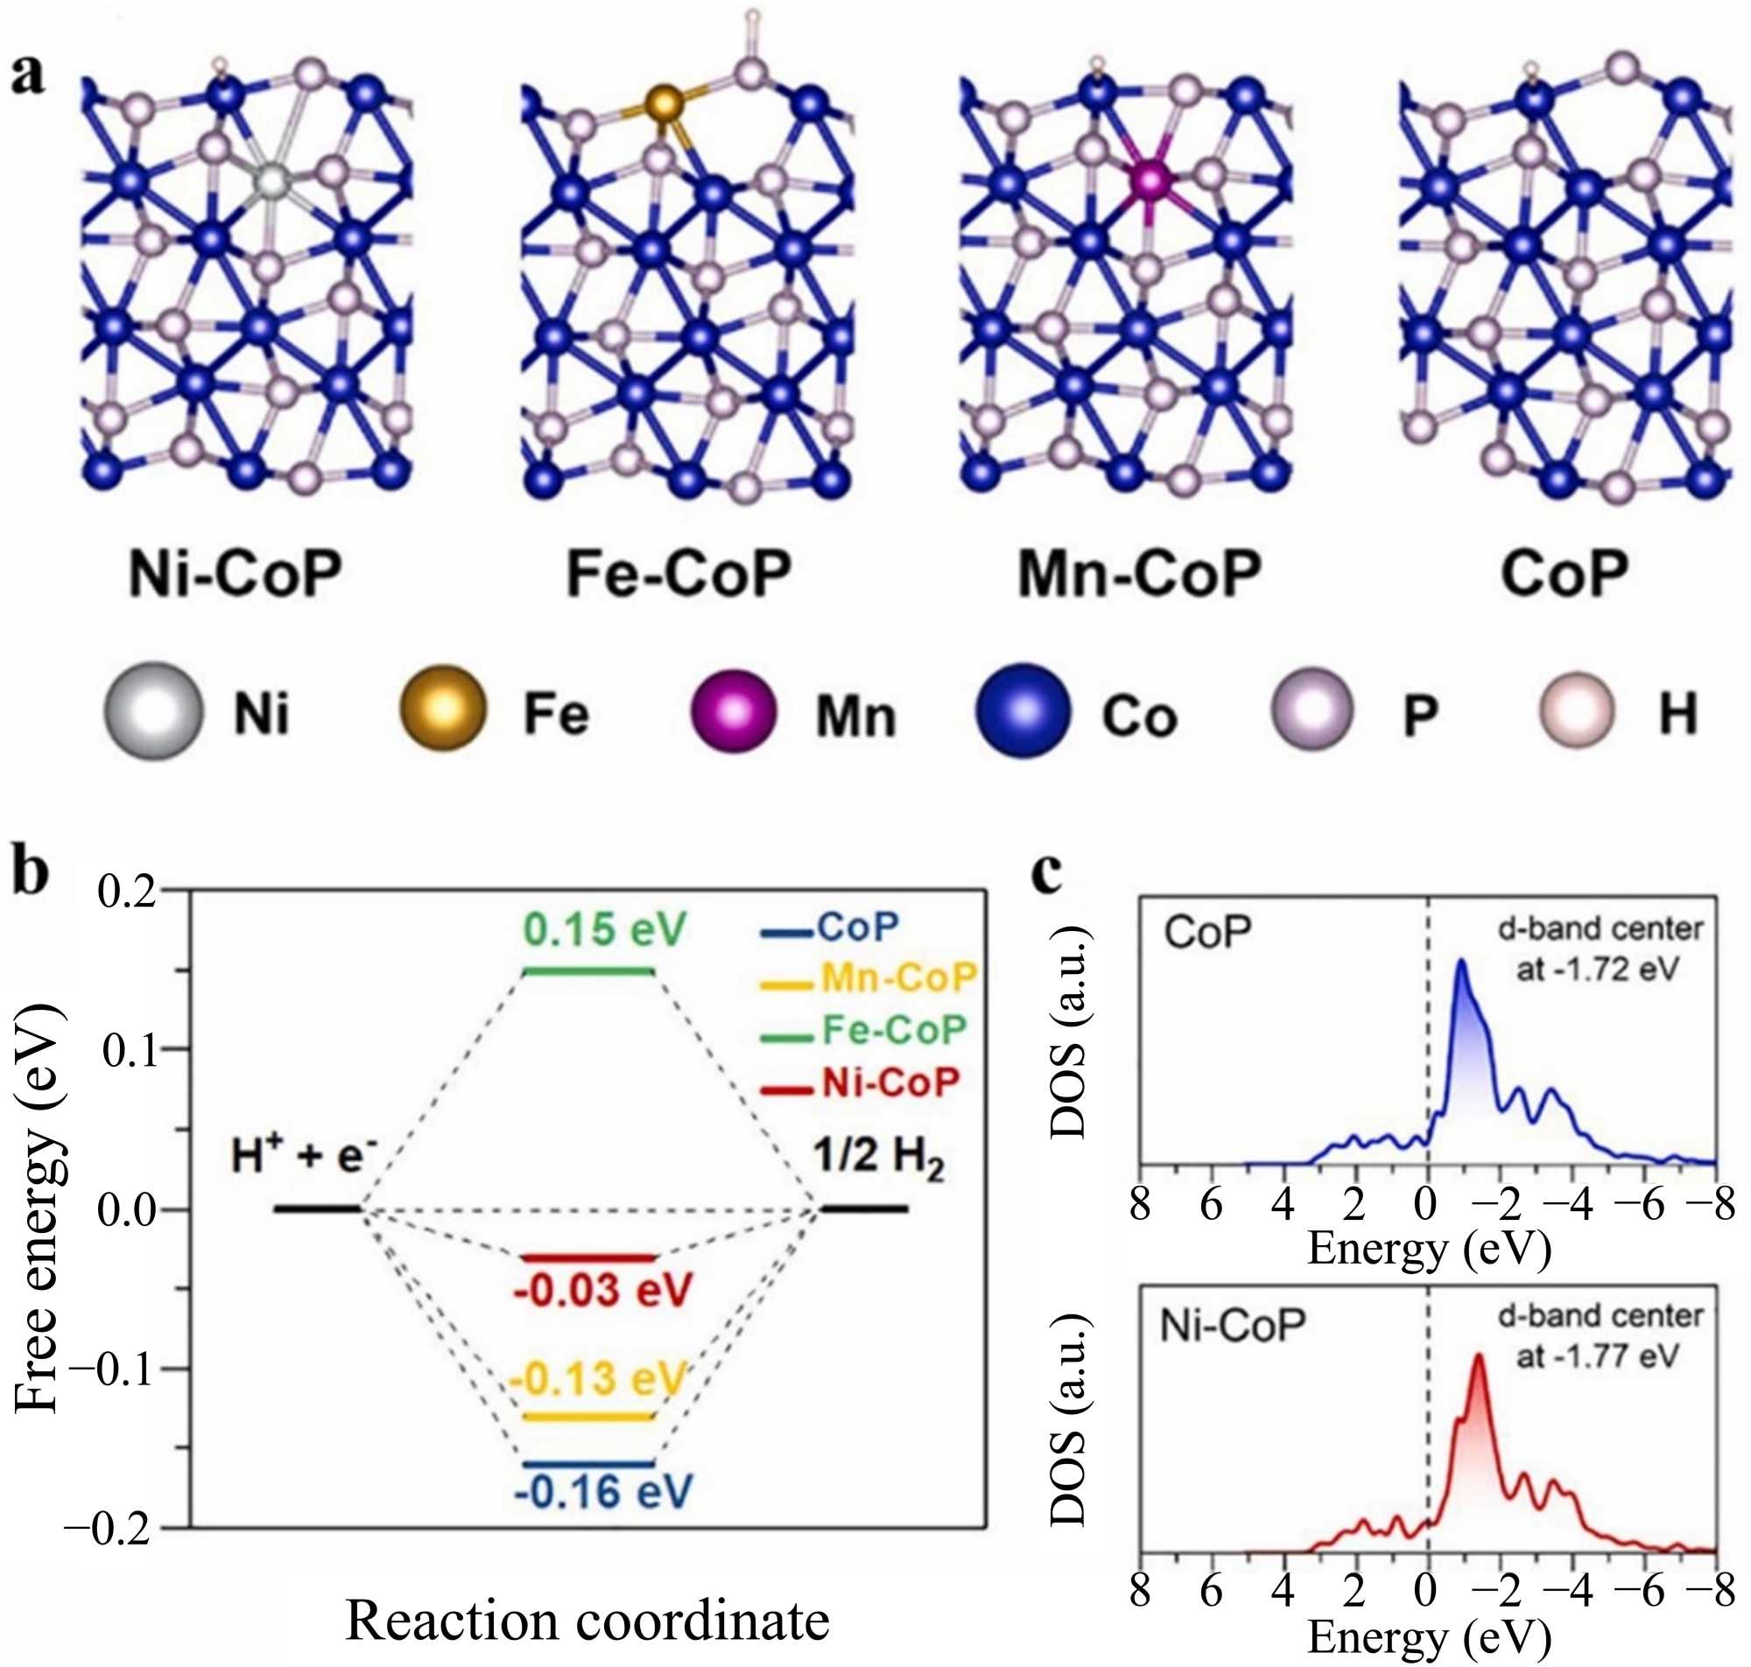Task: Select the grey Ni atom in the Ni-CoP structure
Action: [272, 180]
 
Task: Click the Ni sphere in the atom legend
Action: [153, 711]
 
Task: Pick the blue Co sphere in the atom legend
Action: [1023, 711]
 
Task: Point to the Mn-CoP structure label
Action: [1139, 574]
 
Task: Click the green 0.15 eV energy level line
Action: [588, 971]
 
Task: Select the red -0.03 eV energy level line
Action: [588, 1258]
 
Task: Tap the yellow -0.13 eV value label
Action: [598, 1379]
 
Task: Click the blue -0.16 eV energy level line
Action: [588, 1463]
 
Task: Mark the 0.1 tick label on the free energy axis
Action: [131, 1050]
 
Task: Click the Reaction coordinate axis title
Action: [587, 1620]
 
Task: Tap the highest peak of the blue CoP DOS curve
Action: [1460, 962]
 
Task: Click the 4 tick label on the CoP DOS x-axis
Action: [1283, 1206]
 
